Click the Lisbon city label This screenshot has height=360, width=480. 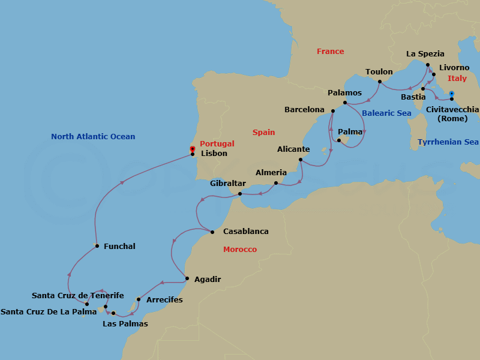pos(214,154)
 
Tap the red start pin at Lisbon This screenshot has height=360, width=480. pos(192,149)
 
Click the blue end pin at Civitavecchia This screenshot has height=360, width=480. pos(452,94)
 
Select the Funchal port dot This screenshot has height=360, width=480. pos(97,246)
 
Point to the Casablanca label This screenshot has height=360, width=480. pos(245,231)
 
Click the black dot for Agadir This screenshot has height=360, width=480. pos(188,278)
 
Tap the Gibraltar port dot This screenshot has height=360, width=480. pos(240,194)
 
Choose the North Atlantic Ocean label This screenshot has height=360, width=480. pos(93,137)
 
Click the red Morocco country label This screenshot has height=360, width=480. pos(239,250)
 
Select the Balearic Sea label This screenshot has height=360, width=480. pos(386,113)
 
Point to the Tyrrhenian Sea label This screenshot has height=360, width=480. pos(448,142)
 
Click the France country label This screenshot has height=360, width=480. pos(330,52)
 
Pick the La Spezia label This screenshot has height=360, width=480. pos(425,54)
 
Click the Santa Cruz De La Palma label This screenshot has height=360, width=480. pos(49,312)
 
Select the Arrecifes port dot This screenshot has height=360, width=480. pos(139,299)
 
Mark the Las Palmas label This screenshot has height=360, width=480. pos(125,324)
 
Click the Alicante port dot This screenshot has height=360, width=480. pos(300,159)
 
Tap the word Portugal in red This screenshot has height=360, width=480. pos(217,144)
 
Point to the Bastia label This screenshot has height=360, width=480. pos(413,97)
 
